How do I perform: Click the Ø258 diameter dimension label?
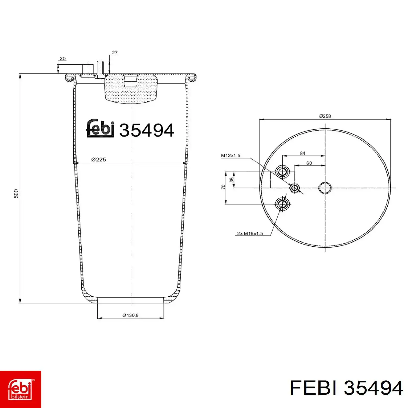325,116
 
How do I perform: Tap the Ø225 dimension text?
98,160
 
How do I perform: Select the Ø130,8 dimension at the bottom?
130,315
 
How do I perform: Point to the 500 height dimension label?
16,194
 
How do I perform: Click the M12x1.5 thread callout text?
231,155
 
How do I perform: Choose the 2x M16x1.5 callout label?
250,233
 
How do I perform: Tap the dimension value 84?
303,153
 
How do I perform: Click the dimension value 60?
309,163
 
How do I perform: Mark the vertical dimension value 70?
223,187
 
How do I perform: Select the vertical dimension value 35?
231,180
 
